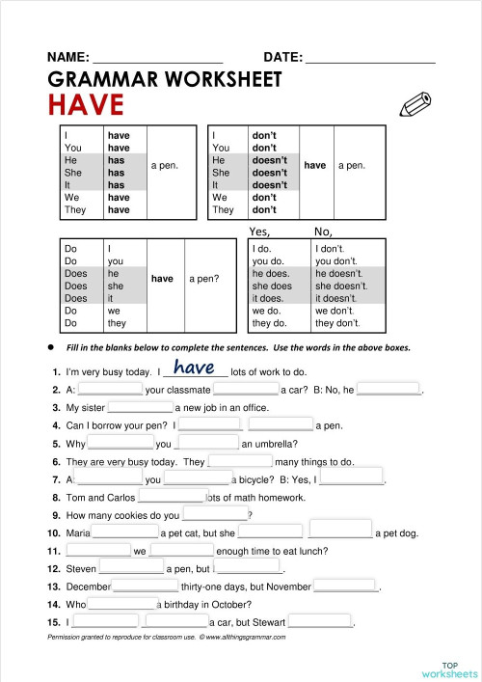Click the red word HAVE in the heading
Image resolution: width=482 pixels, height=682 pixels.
click(86, 104)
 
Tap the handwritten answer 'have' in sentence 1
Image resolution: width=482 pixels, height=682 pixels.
click(194, 368)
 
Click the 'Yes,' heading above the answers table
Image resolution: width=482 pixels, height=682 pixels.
click(259, 232)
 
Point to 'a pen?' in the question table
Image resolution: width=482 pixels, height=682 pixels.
click(203, 279)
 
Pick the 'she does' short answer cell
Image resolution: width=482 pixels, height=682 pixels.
click(272, 286)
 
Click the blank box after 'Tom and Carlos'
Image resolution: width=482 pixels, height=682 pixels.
click(172, 498)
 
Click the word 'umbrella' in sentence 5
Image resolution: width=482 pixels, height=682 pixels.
click(272, 444)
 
